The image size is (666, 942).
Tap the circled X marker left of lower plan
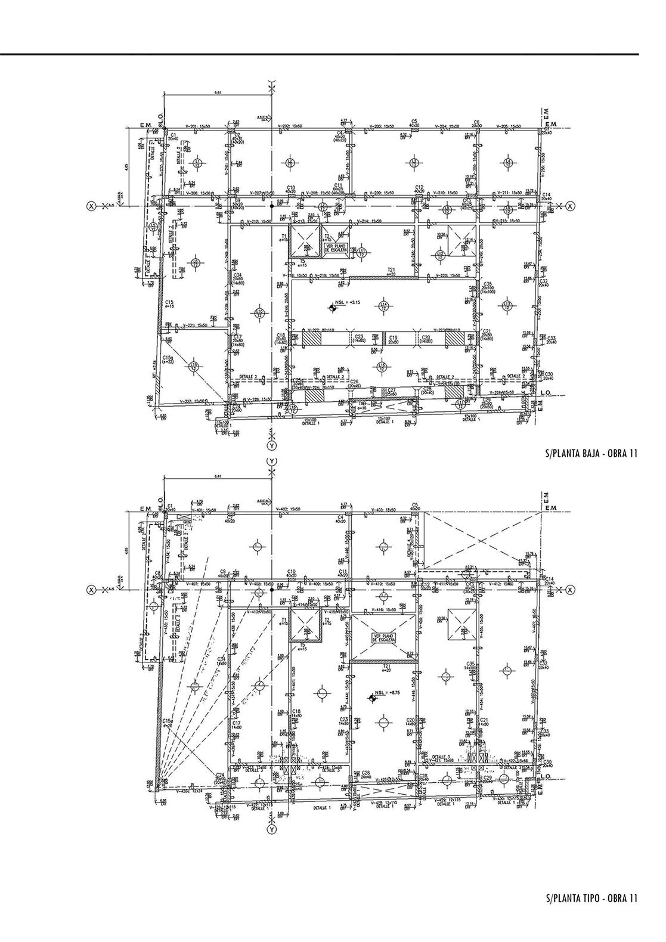tap(91, 590)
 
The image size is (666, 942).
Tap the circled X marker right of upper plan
tap(571, 206)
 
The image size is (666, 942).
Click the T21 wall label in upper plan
tap(392, 271)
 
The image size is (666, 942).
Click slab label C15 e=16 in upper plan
tap(169, 303)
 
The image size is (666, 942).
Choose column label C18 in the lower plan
tap(296, 713)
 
